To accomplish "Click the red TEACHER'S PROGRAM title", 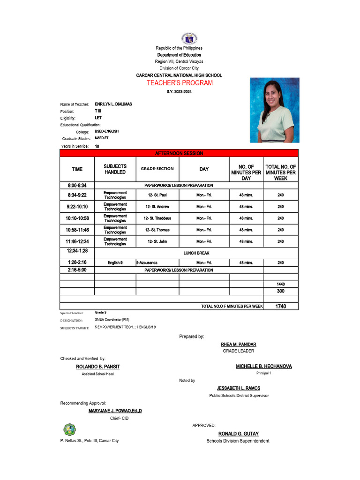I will (x=180, y=83).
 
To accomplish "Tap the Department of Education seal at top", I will (x=188, y=39).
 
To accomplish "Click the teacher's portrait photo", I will (x=271, y=110).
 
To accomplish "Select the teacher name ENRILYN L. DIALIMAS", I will (x=113, y=104).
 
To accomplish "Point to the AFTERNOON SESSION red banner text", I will (x=179, y=153).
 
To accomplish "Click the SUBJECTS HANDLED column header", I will (x=115, y=169).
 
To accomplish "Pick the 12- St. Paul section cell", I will (x=157, y=195).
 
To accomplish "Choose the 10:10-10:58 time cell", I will (x=77, y=218).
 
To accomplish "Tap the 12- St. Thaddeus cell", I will (x=157, y=218).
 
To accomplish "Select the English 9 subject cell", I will (x=115, y=263).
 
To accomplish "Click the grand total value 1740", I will (x=280, y=306).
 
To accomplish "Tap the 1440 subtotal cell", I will (x=280, y=284).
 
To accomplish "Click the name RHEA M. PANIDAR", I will (x=238, y=345).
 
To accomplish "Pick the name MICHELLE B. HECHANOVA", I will (x=263, y=366).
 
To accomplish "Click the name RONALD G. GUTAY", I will (x=238, y=434).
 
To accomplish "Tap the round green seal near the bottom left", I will (x=69, y=429).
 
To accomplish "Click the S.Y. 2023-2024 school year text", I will (x=179, y=92).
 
